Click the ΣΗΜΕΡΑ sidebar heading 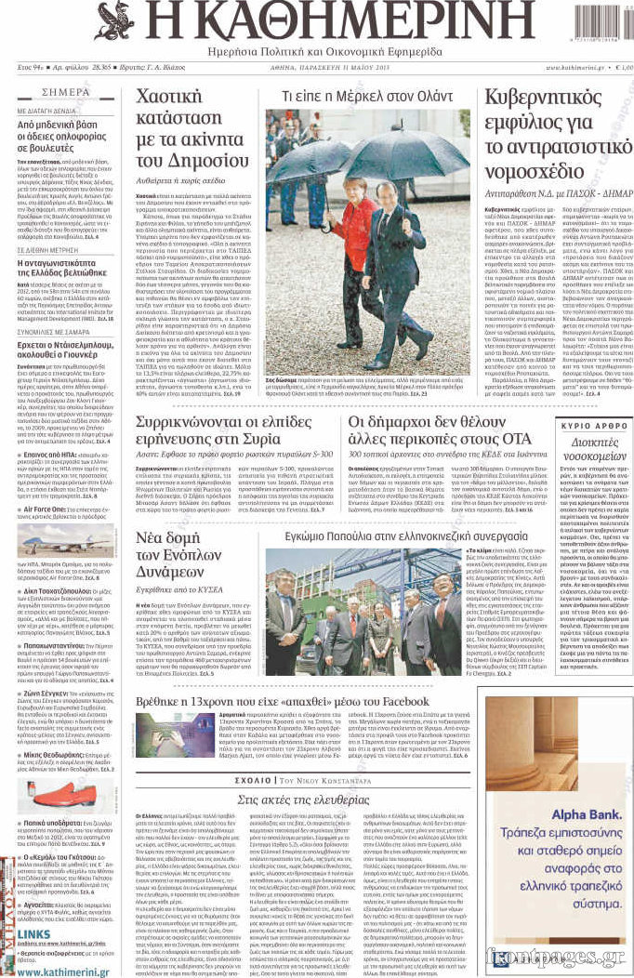click(66, 93)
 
